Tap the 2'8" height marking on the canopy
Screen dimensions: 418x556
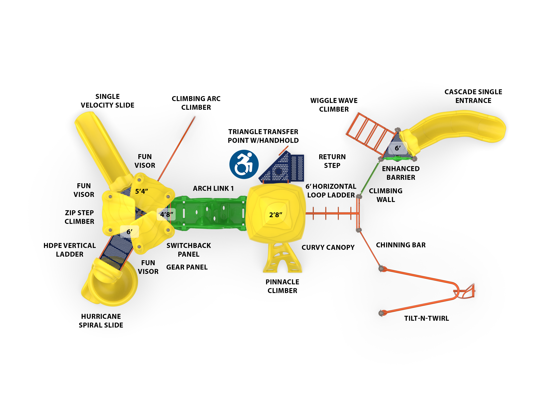pyautogui.click(x=276, y=215)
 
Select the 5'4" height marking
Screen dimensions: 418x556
pyautogui.click(x=141, y=191)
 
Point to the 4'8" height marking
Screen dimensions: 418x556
pyautogui.click(x=166, y=214)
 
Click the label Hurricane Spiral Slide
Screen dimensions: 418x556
pyautogui.click(x=101, y=321)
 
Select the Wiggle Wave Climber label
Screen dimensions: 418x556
pyautogui.click(x=334, y=105)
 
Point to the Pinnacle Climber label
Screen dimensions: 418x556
pyautogui.click(x=282, y=286)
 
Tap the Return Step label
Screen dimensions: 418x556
pyautogui.click(x=332, y=161)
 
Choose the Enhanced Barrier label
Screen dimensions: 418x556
pyautogui.click(x=401, y=173)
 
